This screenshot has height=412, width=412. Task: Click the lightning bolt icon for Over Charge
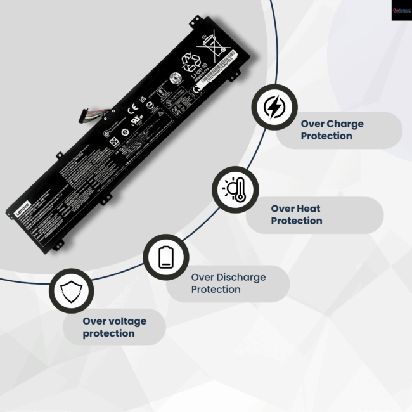click(x=274, y=108)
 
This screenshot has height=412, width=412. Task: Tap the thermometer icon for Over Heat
click(x=235, y=190)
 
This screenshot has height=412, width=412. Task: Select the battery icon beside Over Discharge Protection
click(x=165, y=257)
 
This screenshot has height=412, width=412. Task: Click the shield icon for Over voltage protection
click(x=71, y=291)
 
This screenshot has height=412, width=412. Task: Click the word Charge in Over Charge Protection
click(x=341, y=124)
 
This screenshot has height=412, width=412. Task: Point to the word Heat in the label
click(x=309, y=209)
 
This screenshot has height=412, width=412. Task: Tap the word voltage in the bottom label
click(x=125, y=321)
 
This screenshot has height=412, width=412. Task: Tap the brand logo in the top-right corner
click(x=401, y=10)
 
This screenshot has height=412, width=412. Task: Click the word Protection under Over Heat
click(x=296, y=221)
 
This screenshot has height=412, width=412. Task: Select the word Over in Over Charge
click(x=312, y=124)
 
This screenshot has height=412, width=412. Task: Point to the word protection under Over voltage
click(x=108, y=333)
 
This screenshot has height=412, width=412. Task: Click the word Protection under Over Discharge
click(x=216, y=290)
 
